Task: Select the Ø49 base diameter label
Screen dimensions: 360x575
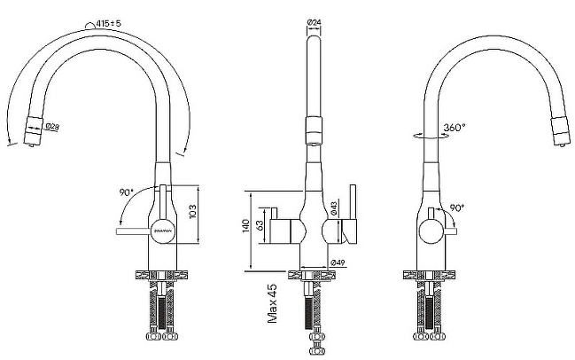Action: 337,262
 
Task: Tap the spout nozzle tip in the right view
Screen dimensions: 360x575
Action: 559,128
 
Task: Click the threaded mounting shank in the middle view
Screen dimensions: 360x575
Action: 312,310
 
